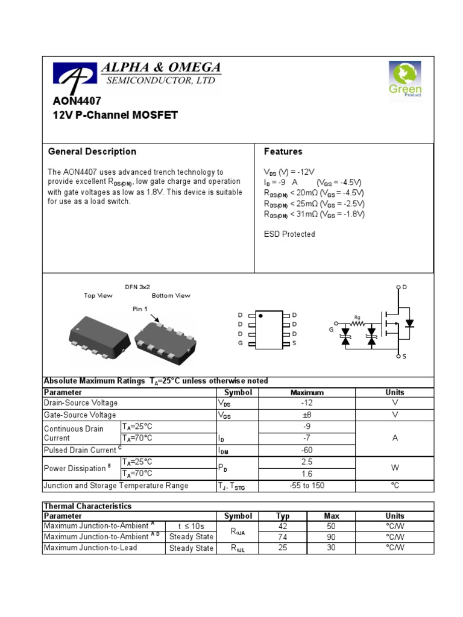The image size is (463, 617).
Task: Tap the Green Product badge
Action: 405,78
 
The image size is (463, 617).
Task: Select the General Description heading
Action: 92,151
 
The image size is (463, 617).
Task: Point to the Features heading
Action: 283,151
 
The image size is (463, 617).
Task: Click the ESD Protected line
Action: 289,234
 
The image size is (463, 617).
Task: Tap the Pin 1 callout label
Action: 140,308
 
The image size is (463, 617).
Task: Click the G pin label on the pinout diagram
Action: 241,343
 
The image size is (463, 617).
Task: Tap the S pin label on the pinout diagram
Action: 294,343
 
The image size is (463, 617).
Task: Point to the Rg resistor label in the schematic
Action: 357,317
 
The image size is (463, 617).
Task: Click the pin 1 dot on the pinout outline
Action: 260,315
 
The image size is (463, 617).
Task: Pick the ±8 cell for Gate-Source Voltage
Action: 307,415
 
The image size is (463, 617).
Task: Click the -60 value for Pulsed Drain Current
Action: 307,450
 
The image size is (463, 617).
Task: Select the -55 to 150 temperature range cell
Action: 307,486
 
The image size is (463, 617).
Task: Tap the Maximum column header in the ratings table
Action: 307,392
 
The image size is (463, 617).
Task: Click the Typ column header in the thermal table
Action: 283,516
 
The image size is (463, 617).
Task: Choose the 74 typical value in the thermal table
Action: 283,536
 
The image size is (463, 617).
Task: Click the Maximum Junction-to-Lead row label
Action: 90,548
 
